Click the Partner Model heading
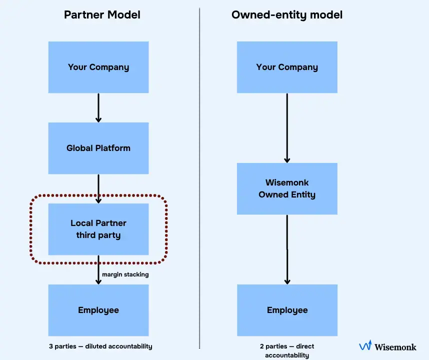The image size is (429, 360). [102, 14]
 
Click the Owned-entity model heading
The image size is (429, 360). [287, 14]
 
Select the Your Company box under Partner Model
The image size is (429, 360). [98, 67]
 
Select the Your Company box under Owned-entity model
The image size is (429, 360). [287, 67]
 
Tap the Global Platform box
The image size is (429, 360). [98, 148]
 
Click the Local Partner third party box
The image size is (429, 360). [98, 229]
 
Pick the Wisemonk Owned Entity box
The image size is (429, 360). [287, 188]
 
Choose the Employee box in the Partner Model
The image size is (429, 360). [98, 310]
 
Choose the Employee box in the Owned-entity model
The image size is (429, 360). [287, 310]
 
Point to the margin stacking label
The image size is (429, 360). [125, 274]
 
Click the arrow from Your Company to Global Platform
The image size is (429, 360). [98, 107]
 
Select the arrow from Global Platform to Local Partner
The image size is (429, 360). [98, 188]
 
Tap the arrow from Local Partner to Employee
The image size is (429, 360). [98, 270]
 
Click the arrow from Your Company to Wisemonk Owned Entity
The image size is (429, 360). [287, 128]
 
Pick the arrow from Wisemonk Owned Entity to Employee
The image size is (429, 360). [287, 249]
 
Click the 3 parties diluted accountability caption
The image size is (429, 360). [98, 346]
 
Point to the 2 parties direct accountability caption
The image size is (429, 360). [287, 350]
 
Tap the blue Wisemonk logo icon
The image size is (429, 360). [365, 345]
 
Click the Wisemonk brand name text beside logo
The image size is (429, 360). [395, 346]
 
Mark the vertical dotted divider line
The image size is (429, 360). [199, 180]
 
